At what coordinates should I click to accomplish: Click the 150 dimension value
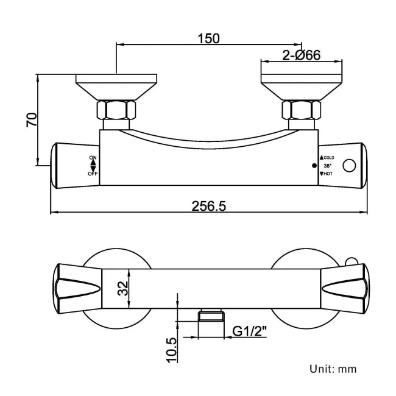[208, 38]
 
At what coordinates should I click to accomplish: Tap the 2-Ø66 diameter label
[302, 55]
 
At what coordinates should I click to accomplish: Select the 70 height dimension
[31, 119]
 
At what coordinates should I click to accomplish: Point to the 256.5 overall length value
[208, 206]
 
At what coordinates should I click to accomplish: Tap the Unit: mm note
[333, 369]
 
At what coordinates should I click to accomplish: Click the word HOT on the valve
[328, 174]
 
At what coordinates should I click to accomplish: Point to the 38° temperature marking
[327, 166]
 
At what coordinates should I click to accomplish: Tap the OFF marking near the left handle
[93, 174]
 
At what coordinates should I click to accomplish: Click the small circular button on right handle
[350, 166]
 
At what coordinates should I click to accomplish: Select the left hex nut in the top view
[116, 111]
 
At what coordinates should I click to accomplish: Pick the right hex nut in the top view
[301, 111]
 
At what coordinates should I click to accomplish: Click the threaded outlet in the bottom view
[211, 315]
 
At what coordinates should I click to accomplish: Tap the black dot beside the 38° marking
[314, 166]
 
